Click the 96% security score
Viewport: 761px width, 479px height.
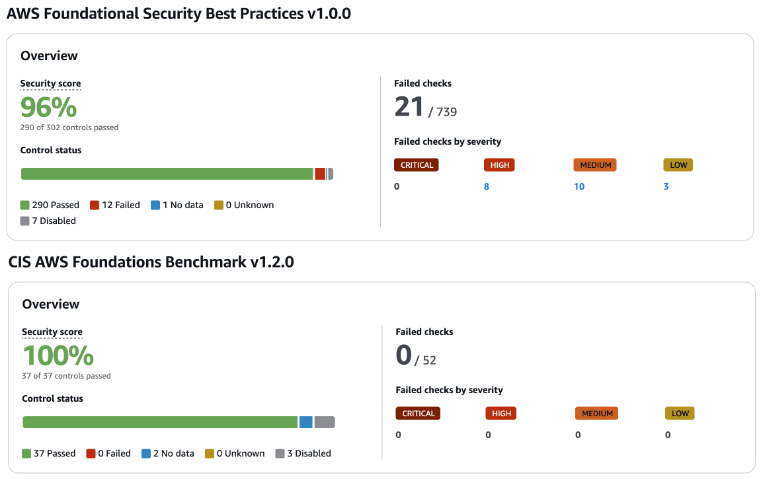(x=48, y=107)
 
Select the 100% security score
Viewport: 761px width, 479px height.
(x=58, y=355)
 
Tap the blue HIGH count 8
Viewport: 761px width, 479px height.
(x=487, y=186)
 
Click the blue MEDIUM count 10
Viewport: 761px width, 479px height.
(x=579, y=186)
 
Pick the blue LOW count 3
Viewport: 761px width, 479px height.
(x=666, y=186)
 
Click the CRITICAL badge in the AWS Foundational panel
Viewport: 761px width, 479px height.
(x=417, y=165)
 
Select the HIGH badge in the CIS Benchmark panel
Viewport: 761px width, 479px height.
(x=501, y=414)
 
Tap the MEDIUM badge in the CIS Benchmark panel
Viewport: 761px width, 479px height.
(x=597, y=414)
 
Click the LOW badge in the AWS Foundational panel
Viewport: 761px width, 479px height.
(x=678, y=165)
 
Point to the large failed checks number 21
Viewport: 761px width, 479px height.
(x=409, y=106)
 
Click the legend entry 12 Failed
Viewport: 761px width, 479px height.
(x=115, y=205)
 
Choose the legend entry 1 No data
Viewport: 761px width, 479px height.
(x=177, y=205)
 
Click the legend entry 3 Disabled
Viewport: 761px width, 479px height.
(x=303, y=453)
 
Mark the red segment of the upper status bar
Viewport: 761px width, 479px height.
(x=320, y=174)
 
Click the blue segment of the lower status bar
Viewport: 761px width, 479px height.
(x=305, y=422)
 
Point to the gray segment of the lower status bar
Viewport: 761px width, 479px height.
(x=325, y=422)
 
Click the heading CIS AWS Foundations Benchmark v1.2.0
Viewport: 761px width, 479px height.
(x=151, y=262)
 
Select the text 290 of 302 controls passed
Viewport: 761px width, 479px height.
(x=69, y=128)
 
